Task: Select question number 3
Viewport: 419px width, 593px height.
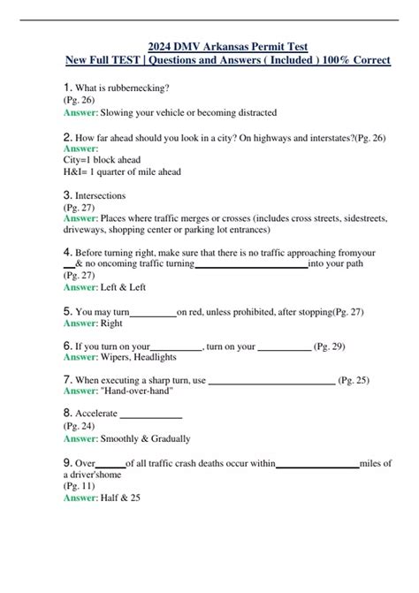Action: [68, 194]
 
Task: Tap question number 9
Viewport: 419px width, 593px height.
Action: [68, 462]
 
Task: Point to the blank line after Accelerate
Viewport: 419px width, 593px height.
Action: [150, 415]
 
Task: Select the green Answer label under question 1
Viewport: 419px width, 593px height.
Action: [80, 112]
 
